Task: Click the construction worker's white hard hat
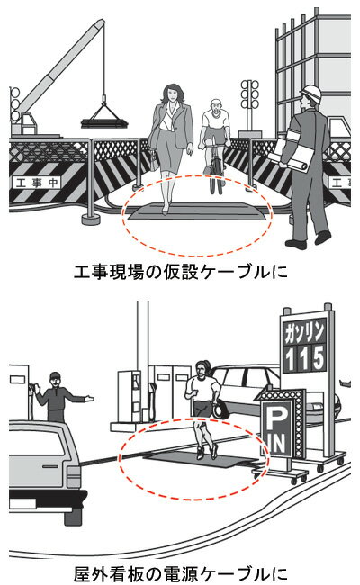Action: (x=311, y=94)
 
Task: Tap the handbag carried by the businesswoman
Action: (x=154, y=162)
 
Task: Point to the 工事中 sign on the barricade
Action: (x=36, y=183)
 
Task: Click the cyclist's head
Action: (x=216, y=107)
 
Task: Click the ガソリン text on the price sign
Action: (x=304, y=332)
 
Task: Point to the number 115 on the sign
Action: (x=304, y=358)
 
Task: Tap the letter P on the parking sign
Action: (x=275, y=417)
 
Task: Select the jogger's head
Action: (x=202, y=369)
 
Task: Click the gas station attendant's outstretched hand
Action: (x=88, y=399)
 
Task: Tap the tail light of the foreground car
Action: (x=74, y=475)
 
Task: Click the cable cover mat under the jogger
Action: (x=201, y=457)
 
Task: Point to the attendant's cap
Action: (x=55, y=375)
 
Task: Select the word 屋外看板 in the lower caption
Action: (x=109, y=574)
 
